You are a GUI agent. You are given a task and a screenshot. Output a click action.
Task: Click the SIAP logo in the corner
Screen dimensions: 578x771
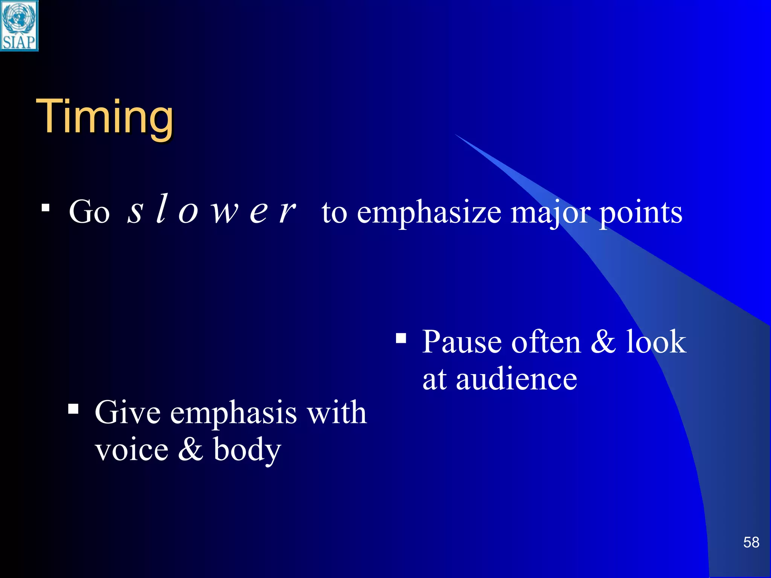coord(19,26)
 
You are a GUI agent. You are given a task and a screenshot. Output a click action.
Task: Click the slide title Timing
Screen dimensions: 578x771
coord(105,116)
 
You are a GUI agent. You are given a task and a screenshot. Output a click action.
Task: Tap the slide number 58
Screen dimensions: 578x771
coord(751,542)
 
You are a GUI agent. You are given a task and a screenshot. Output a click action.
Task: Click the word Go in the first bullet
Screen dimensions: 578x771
coord(89,212)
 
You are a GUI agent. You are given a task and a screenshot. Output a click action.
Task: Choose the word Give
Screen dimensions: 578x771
coord(128,413)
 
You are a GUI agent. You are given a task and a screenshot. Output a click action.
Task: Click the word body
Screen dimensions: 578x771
coord(247,451)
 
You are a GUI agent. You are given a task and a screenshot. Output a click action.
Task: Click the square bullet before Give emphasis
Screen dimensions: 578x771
coord(73,409)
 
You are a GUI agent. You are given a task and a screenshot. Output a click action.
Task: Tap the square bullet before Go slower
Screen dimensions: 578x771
coord(46,207)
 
